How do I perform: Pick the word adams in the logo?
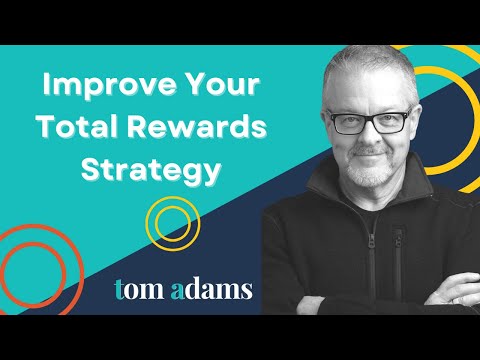click(209, 289)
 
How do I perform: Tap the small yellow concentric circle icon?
click(172, 223)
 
